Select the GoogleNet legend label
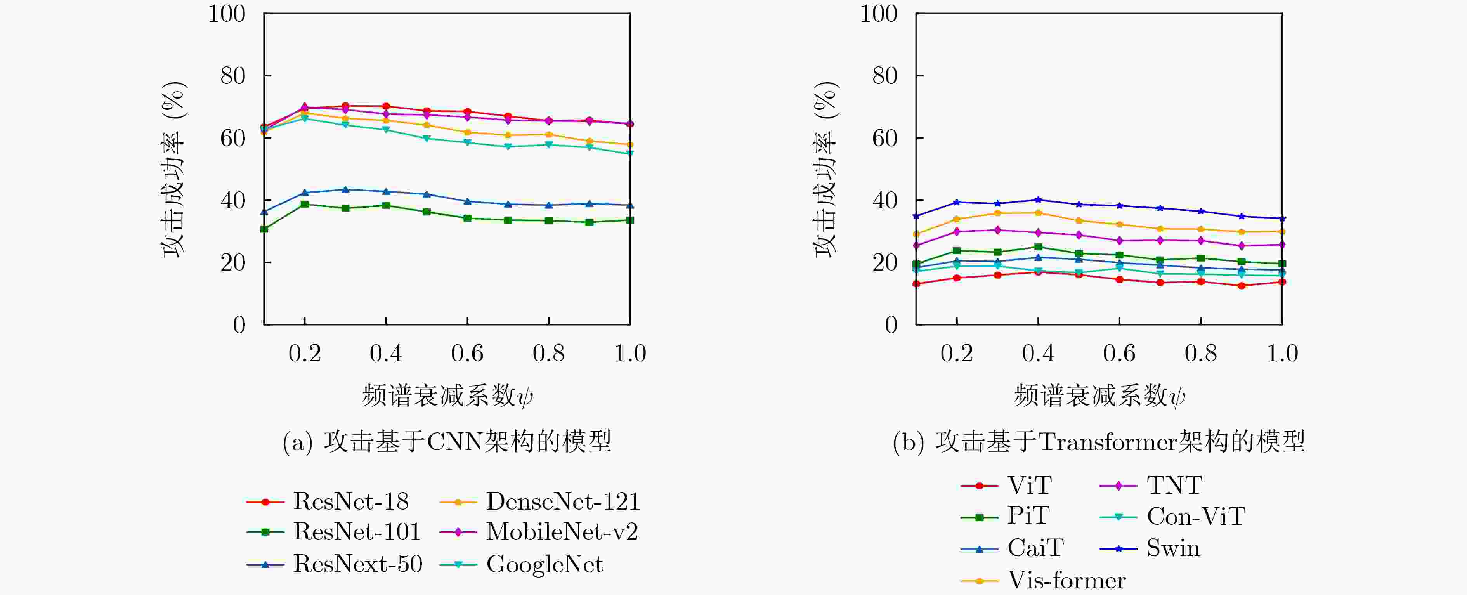click(x=544, y=564)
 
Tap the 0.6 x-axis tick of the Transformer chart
click(x=1119, y=354)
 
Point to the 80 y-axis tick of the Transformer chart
click(x=884, y=76)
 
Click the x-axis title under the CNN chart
click(x=447, y=395)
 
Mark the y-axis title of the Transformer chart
click(x=826, y=169)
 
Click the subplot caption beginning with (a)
click(x=447, y=442)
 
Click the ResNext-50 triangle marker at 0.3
click(x=345, y=190)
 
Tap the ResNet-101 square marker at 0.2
click(x=305, y=204)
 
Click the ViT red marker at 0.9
click(x=1242, y=286)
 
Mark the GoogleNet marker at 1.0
click(x=630, y=153)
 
